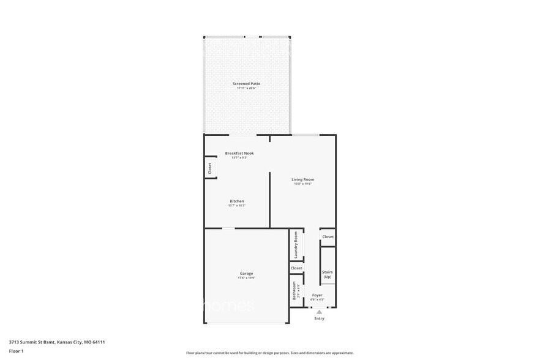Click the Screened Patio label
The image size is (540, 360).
[246, 83]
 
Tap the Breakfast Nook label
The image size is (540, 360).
[239, 153]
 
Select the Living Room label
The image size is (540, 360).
[303, 179]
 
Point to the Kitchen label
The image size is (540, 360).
[237, 201]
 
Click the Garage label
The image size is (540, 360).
[246, 274]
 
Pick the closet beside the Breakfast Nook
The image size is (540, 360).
[209, 168]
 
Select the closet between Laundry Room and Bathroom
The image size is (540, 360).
[296, 268]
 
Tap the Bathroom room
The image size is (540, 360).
[295, 290]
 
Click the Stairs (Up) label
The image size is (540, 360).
[328, 274]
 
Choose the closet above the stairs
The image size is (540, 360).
[328, 237]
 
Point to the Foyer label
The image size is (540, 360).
[317, 295]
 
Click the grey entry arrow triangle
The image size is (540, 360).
[319, 312]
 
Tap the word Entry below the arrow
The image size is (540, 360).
[319, 318]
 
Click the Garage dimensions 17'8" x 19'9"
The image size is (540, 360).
[246, 278]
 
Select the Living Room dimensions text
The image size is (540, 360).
[303, 184]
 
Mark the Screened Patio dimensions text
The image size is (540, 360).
[246, 88]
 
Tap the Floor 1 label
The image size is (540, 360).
[17, 351]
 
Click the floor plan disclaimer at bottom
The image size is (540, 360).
[269, 353]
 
